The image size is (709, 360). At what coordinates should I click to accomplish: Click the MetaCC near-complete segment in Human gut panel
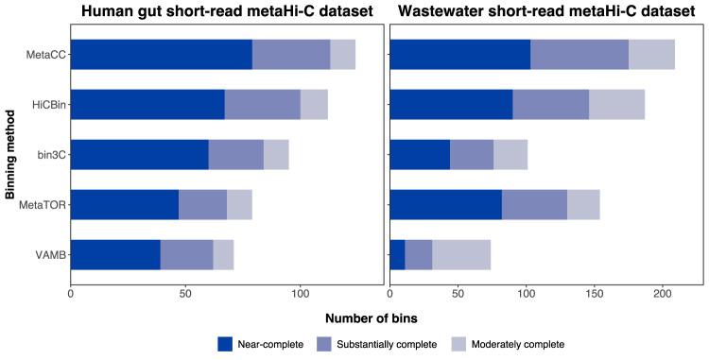[162, 55]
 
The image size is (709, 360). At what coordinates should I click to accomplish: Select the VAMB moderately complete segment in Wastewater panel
[461, 254]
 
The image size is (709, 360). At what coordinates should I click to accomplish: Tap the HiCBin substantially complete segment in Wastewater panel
[550, 104]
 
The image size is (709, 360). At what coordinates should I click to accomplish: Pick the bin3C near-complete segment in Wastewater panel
[420, 154]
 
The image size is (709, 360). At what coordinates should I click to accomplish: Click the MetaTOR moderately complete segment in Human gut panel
[239, 204]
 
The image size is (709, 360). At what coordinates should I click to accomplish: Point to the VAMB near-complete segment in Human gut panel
[115, 254]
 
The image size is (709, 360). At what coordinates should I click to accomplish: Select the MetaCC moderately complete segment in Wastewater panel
[651, 55]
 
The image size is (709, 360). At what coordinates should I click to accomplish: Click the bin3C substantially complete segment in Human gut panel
[235, 154]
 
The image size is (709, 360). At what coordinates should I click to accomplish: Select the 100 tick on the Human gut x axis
[300, 294]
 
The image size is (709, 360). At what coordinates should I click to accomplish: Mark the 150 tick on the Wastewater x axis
[594, 294]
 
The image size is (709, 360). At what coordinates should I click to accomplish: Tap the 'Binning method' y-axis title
[9, 154]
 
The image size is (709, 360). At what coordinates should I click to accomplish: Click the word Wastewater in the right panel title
[450, 12]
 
